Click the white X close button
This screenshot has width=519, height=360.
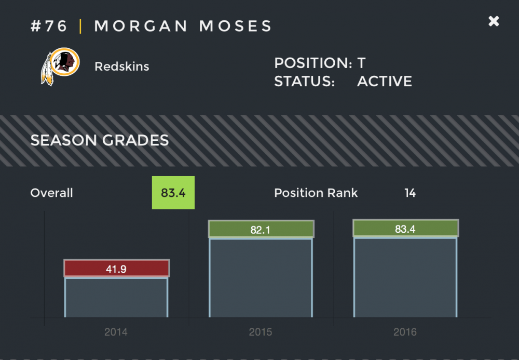coord(494,21)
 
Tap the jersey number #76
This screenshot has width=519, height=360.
coord(49,26)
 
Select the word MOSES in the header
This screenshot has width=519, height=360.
coord(236,26)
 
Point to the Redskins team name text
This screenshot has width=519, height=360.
coord(122,66)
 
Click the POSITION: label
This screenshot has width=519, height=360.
coord(313,63)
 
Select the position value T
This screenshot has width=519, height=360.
coord(361,63)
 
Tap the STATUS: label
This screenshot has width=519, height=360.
coord(304,82)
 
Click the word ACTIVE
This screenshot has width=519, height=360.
coord(385,82)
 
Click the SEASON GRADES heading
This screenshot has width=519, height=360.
coord(100,140)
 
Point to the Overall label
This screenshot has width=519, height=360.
coord(52,193)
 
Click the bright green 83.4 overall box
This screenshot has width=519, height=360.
coord(173,193)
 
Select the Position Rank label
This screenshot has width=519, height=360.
coord(316,193)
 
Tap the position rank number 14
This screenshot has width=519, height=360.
coord(410,193)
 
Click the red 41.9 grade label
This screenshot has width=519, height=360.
coord(116,269)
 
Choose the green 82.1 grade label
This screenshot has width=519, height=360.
coord(261,229)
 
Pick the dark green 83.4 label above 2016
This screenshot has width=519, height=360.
coord(405,229)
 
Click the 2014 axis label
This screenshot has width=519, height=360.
coord(116,332)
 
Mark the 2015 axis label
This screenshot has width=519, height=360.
coord(261,332)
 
